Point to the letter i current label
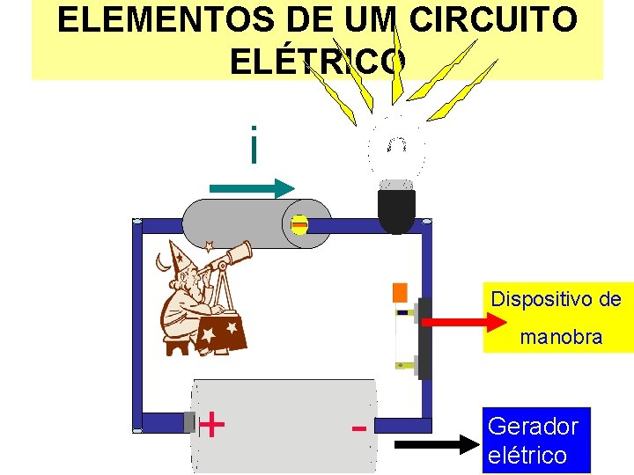(x=254, y=145)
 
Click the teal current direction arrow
(x=252, y=187)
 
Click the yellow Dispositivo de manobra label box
(x=557, y=318)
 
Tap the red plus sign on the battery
(x=211, y=425)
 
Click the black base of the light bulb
(x=396, y=210)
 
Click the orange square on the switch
(x=400, y=292)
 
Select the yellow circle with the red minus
(x=299, y=226)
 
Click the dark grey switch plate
(x=424, y=339)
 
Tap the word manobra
(x=561, y=337)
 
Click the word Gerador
(x=532, y=427)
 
